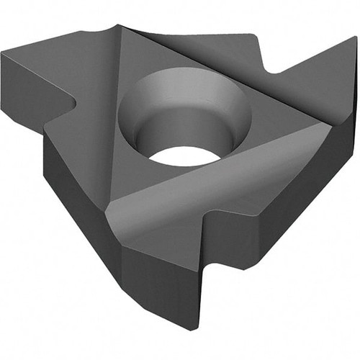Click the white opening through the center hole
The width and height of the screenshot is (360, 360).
coord(184,154)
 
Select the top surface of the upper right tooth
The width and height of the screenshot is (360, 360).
coord(317,79)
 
